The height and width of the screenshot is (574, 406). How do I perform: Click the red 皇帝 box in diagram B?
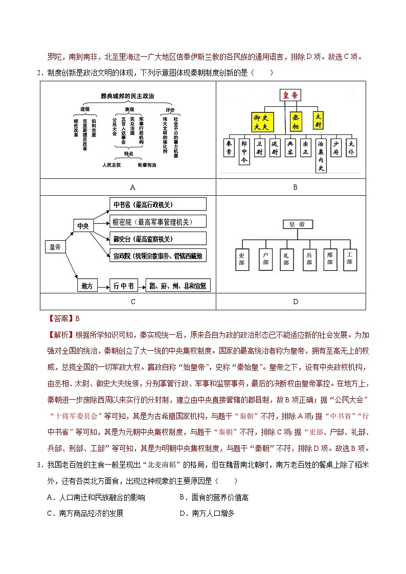(x=290, y=95)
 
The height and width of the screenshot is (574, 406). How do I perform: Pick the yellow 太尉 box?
(x=319, y=120)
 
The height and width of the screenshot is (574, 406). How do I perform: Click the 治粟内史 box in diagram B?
(x=321, y=155)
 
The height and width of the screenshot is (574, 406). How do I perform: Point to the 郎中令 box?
(x=244, y=152)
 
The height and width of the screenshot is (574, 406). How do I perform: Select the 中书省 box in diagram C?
(x=150, y=204)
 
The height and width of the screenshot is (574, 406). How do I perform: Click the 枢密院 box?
(x=150, y=222)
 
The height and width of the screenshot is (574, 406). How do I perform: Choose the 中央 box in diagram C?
(x=83, y=225)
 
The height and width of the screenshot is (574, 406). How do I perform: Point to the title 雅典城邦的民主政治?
(x=127, y=96)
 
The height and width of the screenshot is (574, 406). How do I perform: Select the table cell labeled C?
(x=133, y=302)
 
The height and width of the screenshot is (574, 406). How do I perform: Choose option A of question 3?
(x=96, y=497)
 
